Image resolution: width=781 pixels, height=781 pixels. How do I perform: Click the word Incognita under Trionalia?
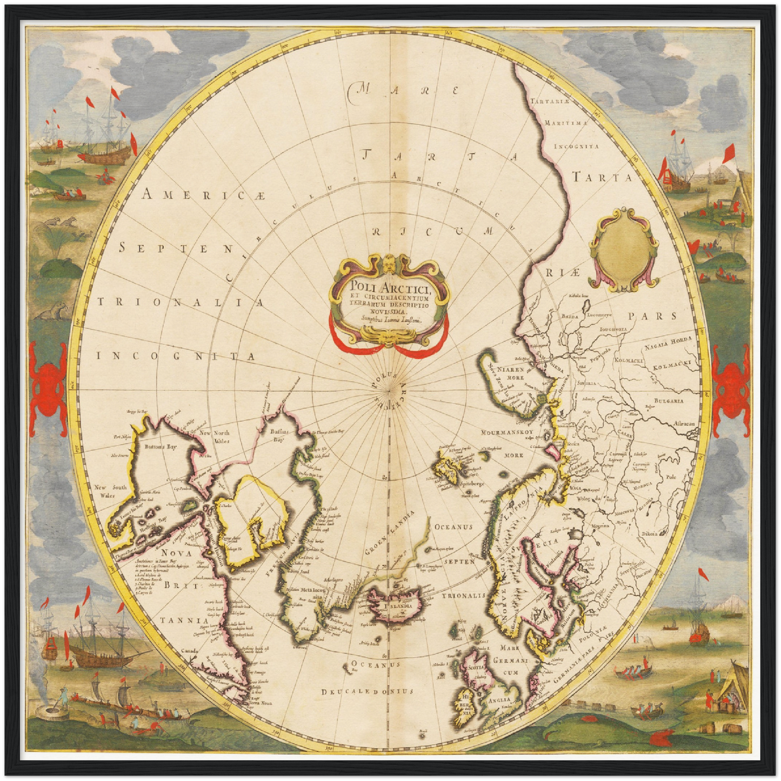tap(176, 356)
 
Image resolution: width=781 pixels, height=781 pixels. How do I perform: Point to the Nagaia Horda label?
tap(668, 342)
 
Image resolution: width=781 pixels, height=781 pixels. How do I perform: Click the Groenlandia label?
tap(387, 535)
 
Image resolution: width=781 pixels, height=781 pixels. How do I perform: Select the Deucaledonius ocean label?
tap(367, 691)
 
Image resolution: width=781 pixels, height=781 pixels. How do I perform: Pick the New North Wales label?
tap(215, 436)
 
